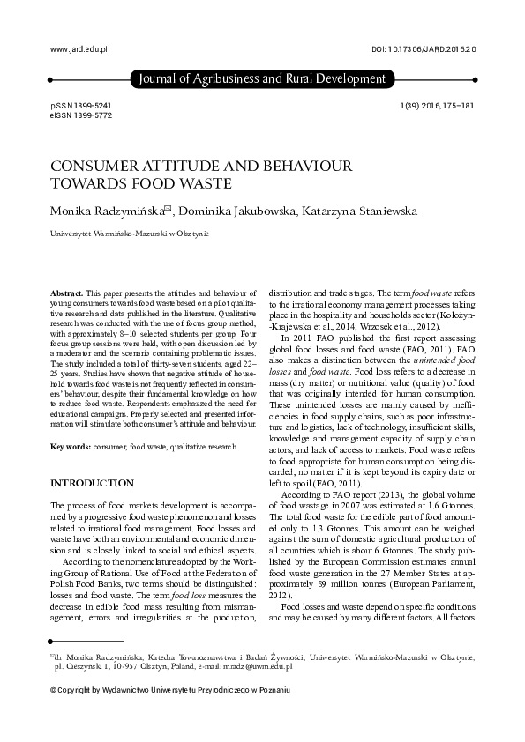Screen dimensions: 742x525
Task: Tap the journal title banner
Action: click(x=262, y=79)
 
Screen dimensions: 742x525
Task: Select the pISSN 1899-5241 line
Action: click(x=81, y=105)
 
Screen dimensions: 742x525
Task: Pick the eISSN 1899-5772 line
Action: click(x=81, y=115)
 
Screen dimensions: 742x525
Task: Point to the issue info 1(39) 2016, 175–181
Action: click(x=437, y=105)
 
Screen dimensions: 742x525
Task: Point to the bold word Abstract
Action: click(x=66, y=292)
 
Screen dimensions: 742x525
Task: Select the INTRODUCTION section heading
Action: click(x=92, y=484)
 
